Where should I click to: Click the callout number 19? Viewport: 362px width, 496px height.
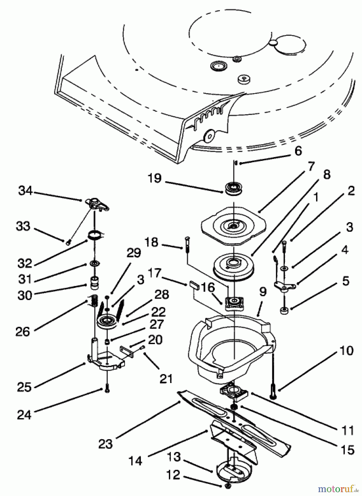154,178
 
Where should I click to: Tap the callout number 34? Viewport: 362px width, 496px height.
25,191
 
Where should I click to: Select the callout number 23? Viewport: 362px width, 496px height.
106,444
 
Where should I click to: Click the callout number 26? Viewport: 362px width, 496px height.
23,332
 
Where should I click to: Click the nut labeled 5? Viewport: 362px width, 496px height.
284,311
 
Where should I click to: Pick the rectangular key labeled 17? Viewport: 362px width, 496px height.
194,284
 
